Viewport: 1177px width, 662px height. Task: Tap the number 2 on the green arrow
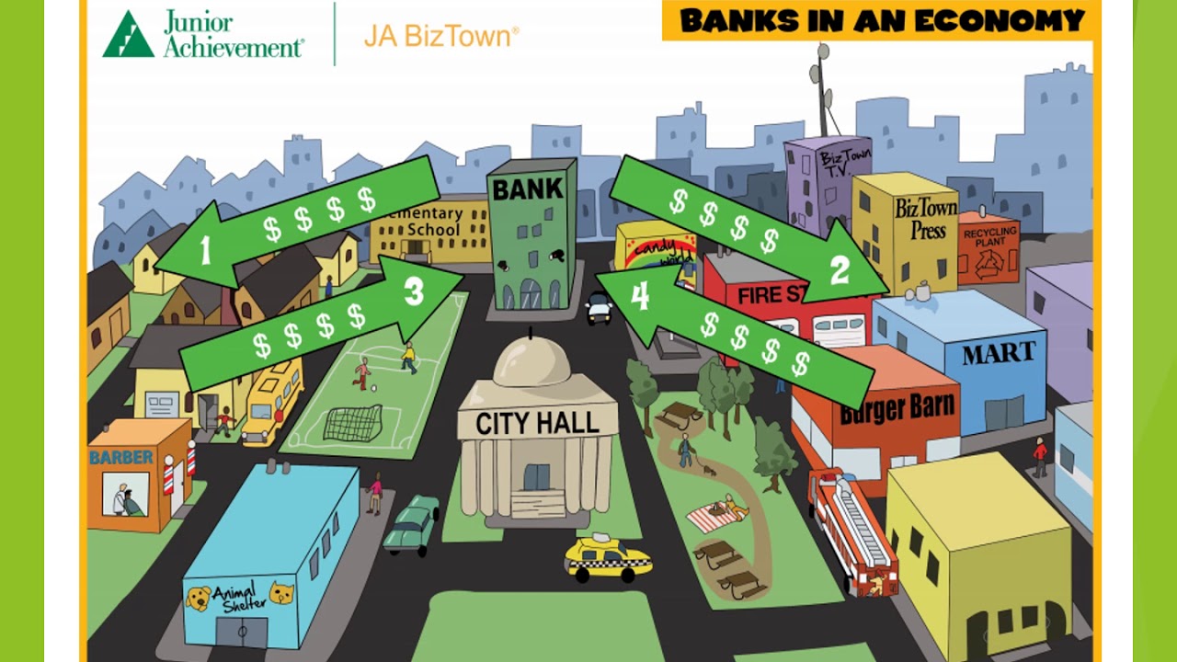tap(840, 270)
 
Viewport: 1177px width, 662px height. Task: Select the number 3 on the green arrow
tap(414, 291)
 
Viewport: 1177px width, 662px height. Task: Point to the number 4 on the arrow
tap(640, 296)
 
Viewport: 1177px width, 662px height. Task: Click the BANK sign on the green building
tap(527, 190)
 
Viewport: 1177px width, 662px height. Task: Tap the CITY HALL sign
tap(537, 424)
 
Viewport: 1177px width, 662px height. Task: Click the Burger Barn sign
tap(897, 408)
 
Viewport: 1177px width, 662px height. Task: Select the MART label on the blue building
tap(999, 352)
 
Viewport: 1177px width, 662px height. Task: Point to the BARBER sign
tap(121, 457)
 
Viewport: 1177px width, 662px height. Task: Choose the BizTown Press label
tap(926, 218)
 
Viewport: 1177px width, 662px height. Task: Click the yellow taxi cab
tap(608, 557)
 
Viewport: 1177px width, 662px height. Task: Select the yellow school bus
tap(272, 400)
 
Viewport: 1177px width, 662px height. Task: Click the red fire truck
tap(852, 533)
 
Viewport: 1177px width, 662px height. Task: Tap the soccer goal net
tap(352, 424)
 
